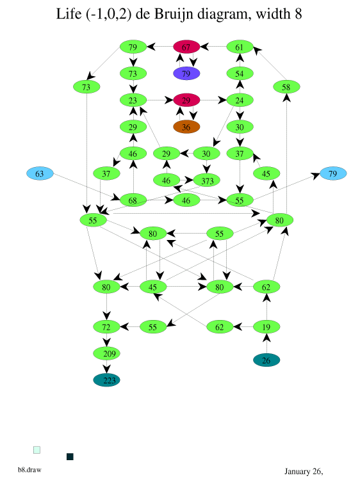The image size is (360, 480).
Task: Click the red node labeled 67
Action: coord(186,47)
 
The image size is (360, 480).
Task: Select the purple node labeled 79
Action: coord(186,74)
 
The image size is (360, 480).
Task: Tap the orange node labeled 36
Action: coord(186,127)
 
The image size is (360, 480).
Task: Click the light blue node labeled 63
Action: coord(40,173)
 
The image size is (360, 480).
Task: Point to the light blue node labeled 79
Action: coord(333,173)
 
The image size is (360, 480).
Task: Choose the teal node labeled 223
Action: coord(106,380)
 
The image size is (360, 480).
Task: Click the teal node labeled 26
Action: coord(266,360)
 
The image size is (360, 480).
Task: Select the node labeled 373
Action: coord(207,180)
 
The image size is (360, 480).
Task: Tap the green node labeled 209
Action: coord(106,353)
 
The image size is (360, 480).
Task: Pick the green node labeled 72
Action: coord(106,326)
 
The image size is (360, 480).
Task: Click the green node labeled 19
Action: coord(266,326)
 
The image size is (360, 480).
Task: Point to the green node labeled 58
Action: coord(286,87)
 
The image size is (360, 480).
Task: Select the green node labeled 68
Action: coord(133,200)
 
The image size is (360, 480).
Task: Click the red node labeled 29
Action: coord(186,100)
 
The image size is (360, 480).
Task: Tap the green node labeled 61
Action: coord(240,47)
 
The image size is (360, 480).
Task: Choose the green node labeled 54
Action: coord(240,74)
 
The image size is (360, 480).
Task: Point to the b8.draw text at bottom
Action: coord(29,470)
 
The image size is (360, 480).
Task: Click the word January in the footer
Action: coord(297,472)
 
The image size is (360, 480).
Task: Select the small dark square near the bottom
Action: coord(70,456)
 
